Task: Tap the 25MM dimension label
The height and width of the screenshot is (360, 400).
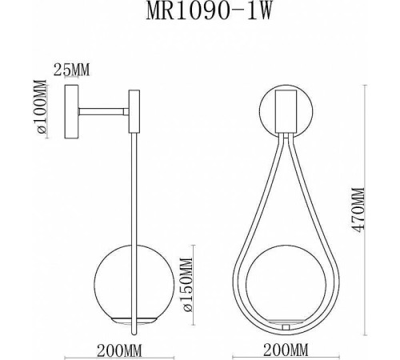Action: point(70,69)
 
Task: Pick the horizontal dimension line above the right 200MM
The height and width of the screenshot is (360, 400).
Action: point(286,337)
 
